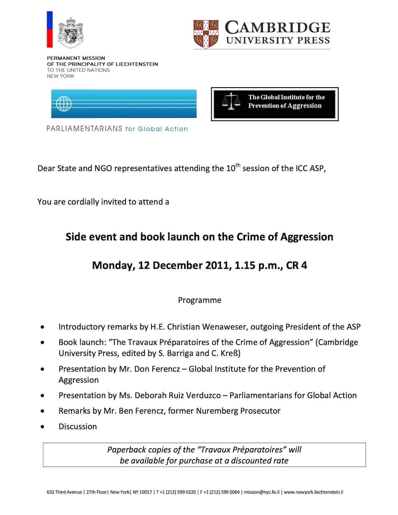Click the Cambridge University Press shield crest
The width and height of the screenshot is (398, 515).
206,34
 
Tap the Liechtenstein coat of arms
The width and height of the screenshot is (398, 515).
71,32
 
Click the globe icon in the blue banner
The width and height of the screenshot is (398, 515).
64,104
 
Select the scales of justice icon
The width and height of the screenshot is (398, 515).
231,101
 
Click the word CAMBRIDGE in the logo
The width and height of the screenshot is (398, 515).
277,28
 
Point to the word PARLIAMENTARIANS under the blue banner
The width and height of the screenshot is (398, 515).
84,129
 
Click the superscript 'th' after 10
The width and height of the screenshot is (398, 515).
238,165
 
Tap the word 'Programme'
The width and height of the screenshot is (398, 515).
200,300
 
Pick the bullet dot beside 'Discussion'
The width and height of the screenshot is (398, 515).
42,427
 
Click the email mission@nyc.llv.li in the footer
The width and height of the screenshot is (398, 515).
262,492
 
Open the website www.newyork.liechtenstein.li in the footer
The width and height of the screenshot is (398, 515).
313,492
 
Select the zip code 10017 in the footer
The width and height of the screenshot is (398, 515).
146,492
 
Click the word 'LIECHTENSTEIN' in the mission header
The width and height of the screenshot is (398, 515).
137,64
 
